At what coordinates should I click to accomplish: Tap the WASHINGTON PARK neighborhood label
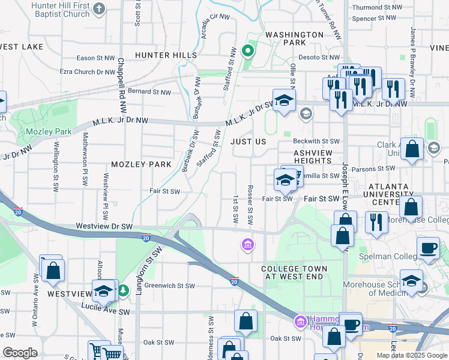[294, 38]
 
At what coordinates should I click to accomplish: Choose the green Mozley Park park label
[49, 131]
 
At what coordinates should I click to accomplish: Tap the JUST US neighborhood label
[248, 142]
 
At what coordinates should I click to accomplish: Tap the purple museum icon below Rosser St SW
[247, 244]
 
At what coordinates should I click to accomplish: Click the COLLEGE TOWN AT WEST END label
[294, 272]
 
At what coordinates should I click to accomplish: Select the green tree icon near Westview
[124, 291]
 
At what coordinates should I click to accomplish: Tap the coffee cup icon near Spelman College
[428, 248]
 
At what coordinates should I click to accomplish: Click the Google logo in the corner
[20, 353]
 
